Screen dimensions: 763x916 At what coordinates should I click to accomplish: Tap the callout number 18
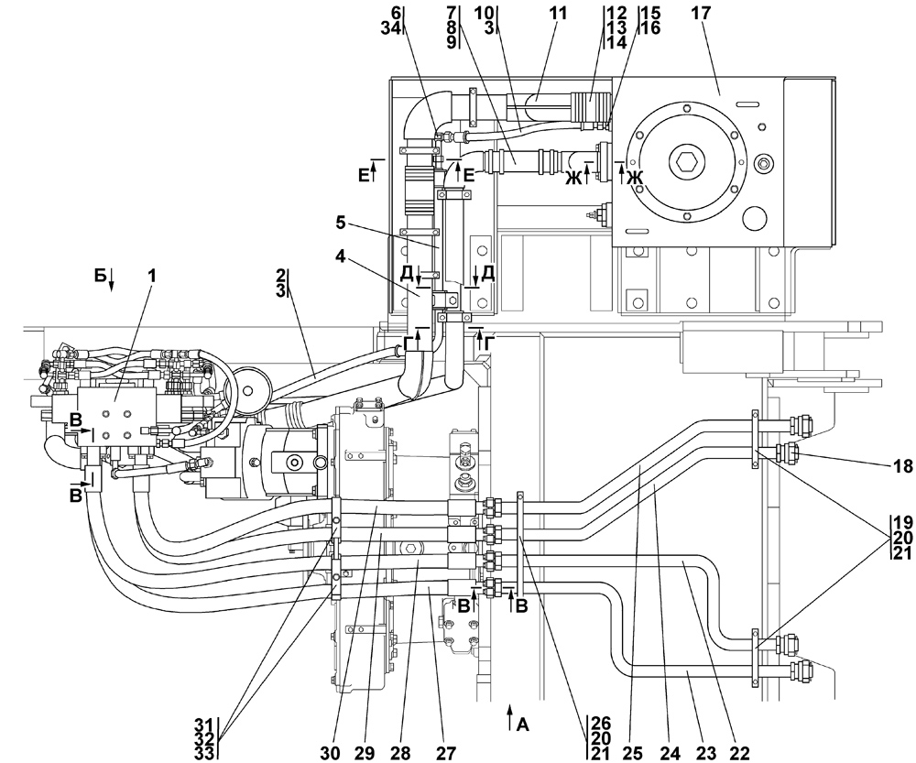901,466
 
